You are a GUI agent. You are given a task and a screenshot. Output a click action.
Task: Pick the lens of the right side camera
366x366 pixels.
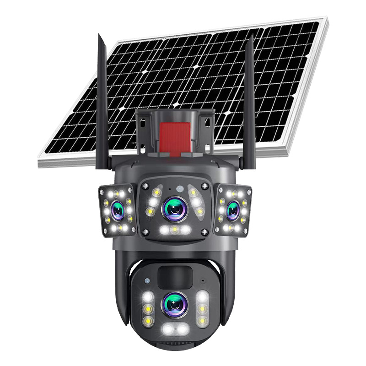click(x=233, y=210)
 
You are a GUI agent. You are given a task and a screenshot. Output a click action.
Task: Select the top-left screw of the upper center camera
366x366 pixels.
click(x=144, y=185)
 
